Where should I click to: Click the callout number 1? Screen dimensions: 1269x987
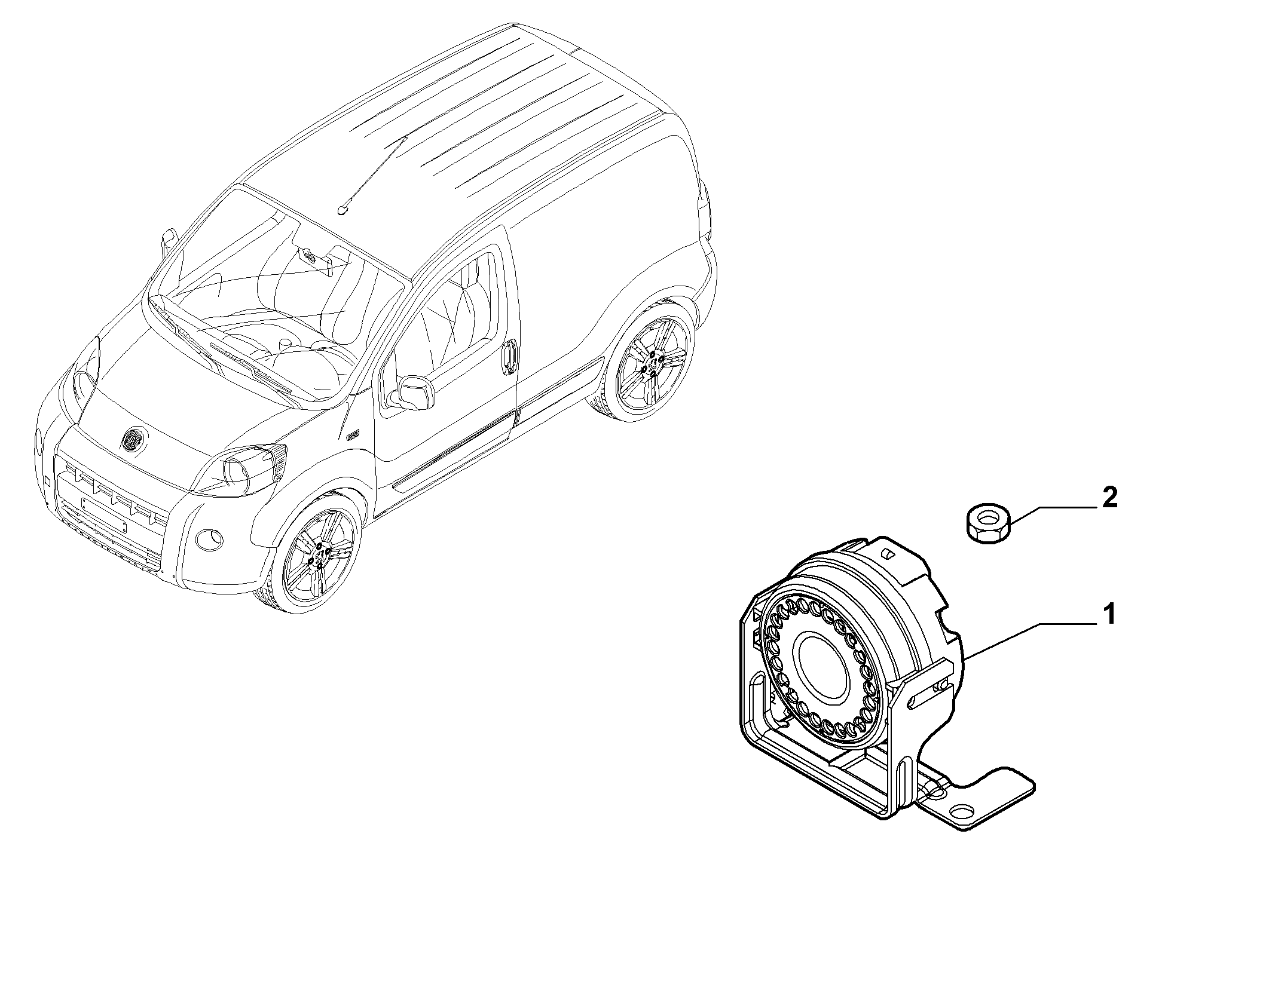[1109, 615]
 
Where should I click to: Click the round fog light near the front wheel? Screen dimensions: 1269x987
[210, 539]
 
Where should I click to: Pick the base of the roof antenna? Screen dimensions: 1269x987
[343, 209]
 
